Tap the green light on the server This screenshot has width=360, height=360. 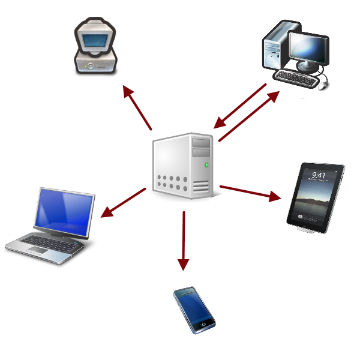point(207,164)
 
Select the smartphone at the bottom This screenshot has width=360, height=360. point(194,310)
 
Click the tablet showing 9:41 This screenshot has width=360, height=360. point(315,197)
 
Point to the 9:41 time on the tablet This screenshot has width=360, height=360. point(319,175)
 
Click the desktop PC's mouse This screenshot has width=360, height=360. point(322,86)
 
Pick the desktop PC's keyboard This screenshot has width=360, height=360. point(296,79)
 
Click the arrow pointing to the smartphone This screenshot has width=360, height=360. point(184,240)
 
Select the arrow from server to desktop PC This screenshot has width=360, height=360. point(249,116)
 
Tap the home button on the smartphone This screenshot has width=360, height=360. point(205,323)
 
